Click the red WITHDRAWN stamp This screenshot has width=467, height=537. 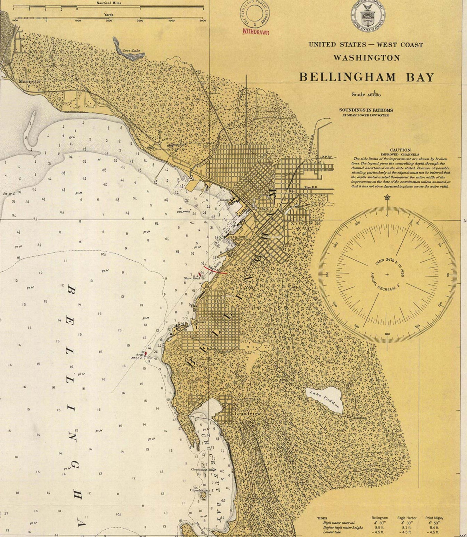(256, 32)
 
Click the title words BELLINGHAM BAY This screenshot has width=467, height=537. (367, 77)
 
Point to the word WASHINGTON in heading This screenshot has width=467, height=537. (367, 58)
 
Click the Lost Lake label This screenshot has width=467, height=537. (131, 51)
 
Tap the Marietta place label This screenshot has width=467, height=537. (29, 81)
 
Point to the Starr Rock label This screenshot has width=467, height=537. (192, 278)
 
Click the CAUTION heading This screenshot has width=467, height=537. (400, 150)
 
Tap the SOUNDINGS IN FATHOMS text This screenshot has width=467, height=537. (366, 110)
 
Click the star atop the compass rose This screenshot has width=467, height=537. (387, 197)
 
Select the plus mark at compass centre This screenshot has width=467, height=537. (387, 275)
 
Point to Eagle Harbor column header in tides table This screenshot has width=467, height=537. (407, 518)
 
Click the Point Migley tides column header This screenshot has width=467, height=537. (434, 518)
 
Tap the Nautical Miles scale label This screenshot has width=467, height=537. (109, 3)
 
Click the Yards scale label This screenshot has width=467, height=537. (109, 15)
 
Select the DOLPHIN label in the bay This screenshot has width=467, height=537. (184, 212)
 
